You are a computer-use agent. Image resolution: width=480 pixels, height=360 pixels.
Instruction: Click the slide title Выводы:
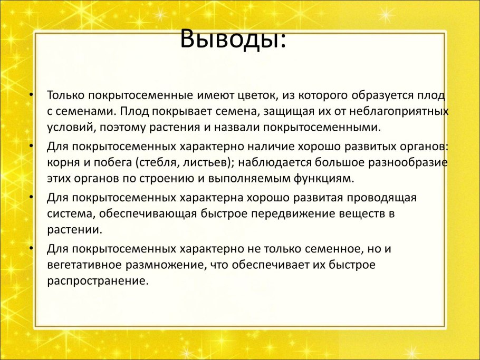coord(233,38)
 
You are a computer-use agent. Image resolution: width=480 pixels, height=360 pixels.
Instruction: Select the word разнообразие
coord(409,162)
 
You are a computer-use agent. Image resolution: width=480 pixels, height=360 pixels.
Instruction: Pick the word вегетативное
coord(81,264)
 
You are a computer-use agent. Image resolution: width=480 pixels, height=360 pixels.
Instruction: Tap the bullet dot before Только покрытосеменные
coord(32,96)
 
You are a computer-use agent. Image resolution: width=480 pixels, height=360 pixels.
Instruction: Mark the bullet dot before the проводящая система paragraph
coord(32,198)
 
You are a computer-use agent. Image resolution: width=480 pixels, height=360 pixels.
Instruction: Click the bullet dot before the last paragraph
coord(32,248)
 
